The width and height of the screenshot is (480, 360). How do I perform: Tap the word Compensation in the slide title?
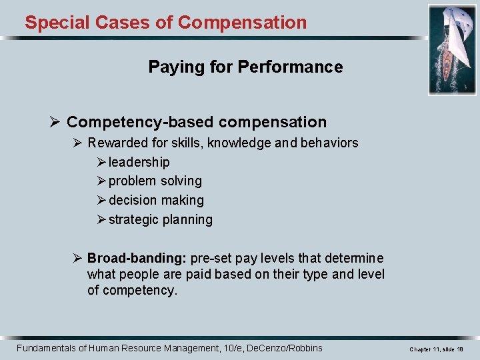tap(243, 23)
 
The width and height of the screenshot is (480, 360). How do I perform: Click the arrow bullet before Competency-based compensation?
tap(55, 123)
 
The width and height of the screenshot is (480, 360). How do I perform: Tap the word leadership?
tap(139, 162)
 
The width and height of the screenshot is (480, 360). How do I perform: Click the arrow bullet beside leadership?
tap(101, 162)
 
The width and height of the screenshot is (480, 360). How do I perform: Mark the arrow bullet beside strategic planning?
tap(101, 219)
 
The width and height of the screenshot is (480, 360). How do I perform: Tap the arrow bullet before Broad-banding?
tap(78, 258)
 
